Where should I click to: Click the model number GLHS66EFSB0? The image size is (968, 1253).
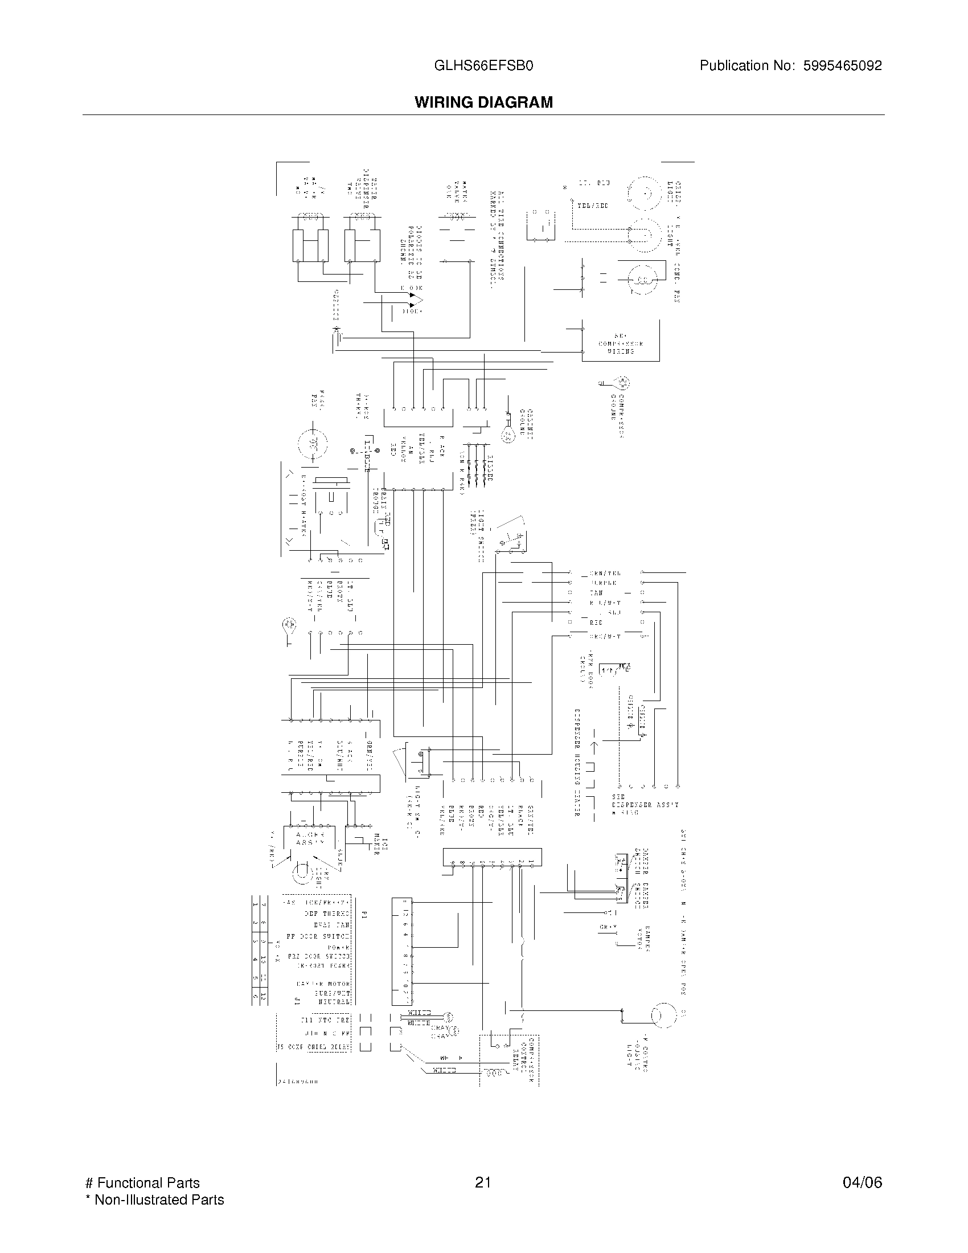(x=483, y=66)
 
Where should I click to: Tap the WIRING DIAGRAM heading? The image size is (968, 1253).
(x=483, y=103)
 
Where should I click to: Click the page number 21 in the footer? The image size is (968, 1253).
(x=483, y=1182)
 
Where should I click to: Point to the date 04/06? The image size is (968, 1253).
(x=862, y=1182)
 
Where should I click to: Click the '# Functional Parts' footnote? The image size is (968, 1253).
(x=142, y=1182)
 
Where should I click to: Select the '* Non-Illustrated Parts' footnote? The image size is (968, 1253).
(x=154, y=1199)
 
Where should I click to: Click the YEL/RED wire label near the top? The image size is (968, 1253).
(x=592, y=206)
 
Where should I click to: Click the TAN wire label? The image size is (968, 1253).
(x=596, y=593)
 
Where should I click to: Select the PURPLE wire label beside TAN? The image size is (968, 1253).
(x=602, y=583)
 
